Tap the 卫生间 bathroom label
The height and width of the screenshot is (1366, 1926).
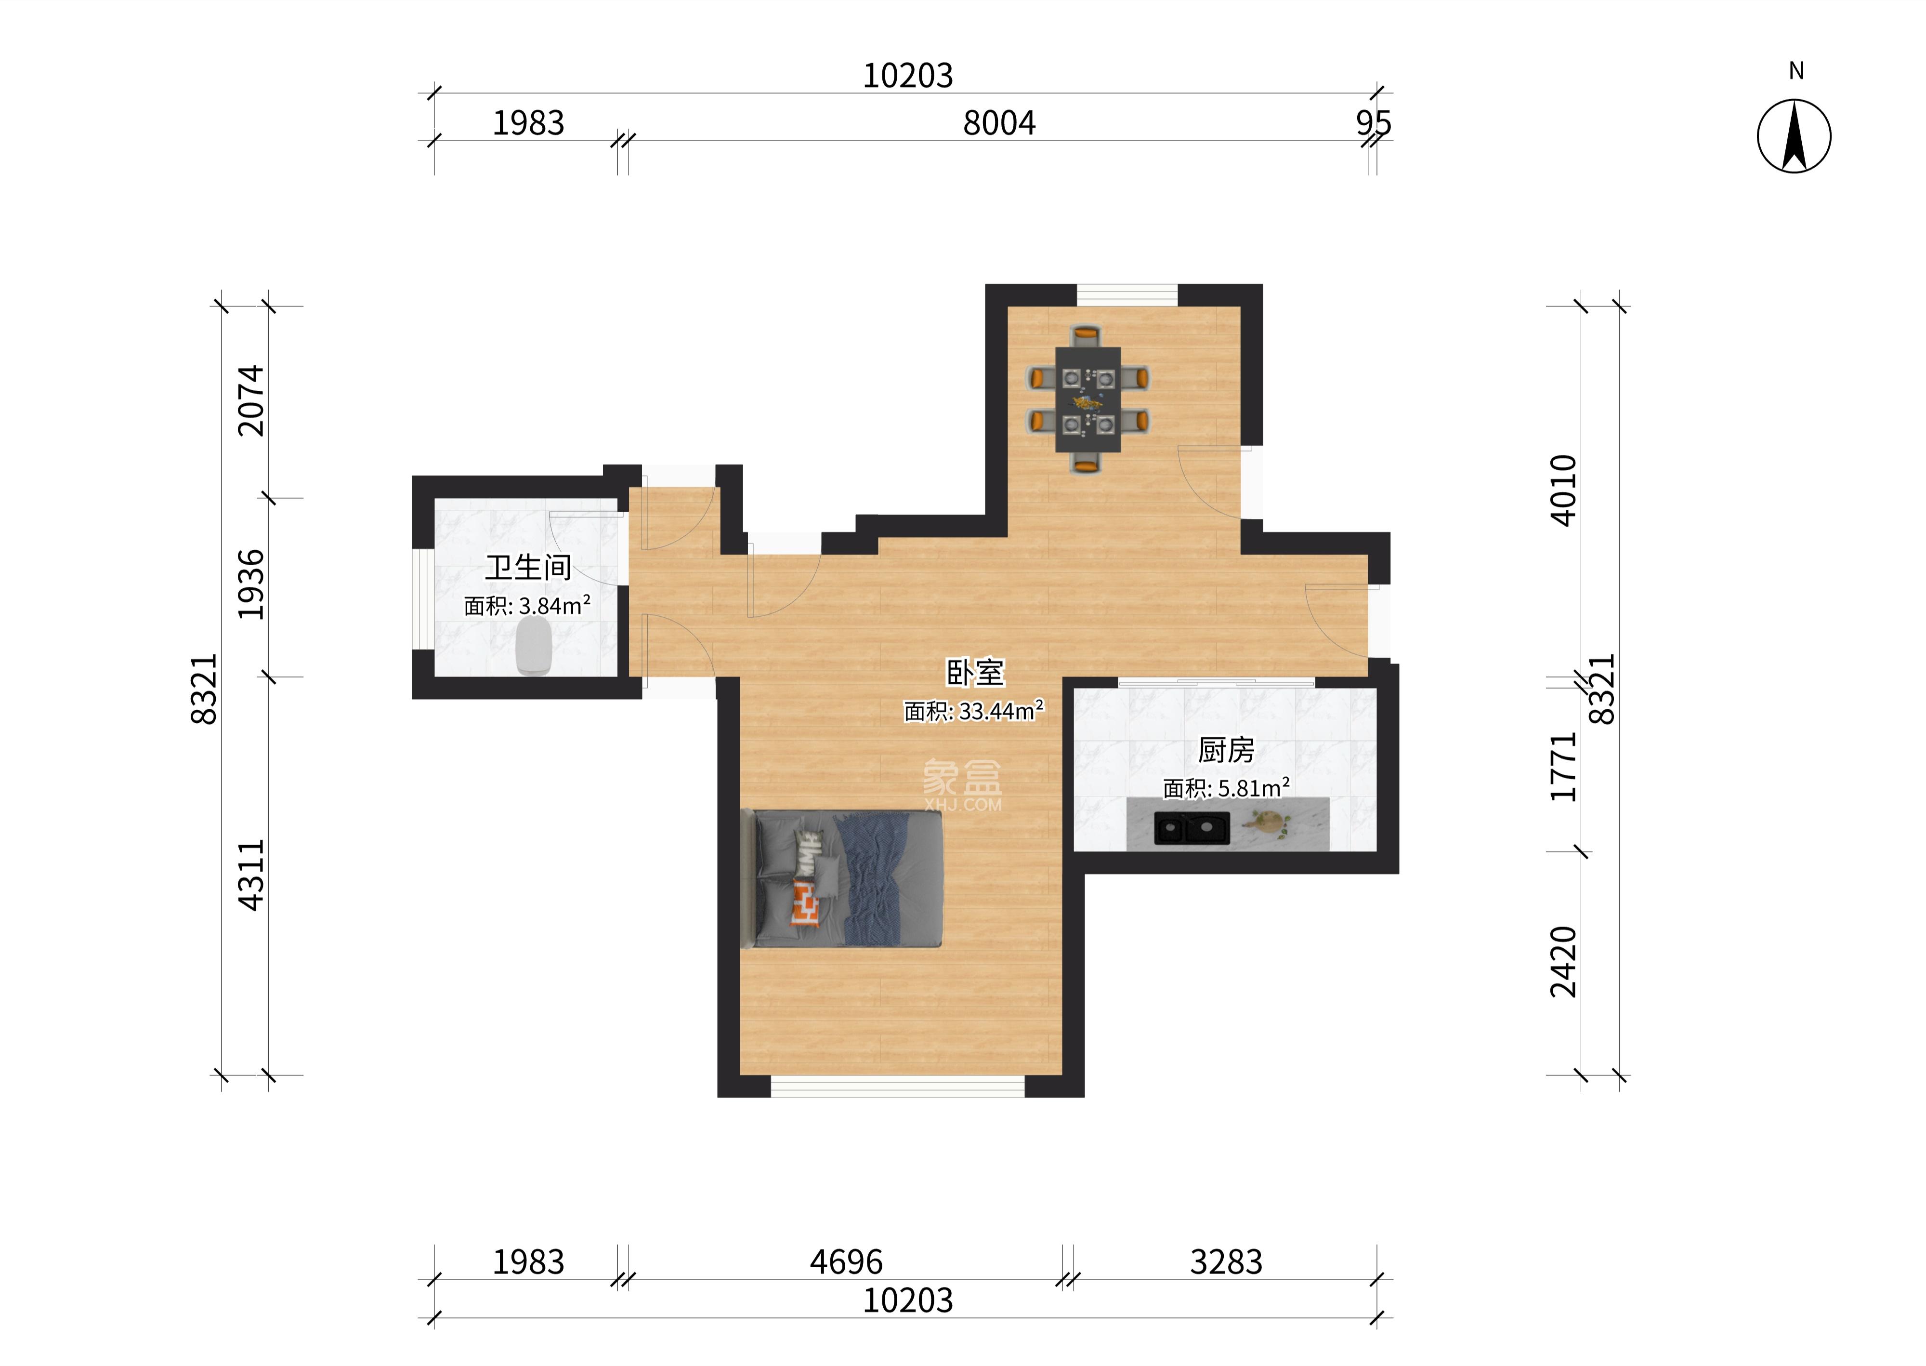(x=528, y=568)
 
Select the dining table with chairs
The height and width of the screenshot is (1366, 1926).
(x=1088, y=398)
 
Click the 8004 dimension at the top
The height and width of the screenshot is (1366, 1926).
(x=999, y=123)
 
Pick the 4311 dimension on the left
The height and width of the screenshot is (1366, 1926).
(x=250, y=875)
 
